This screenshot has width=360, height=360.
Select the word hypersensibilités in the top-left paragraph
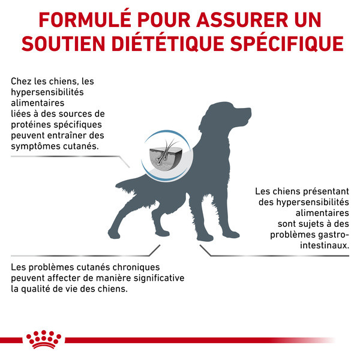[x=47, y=92]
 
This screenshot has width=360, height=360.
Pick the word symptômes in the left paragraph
[x=36, y=146]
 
